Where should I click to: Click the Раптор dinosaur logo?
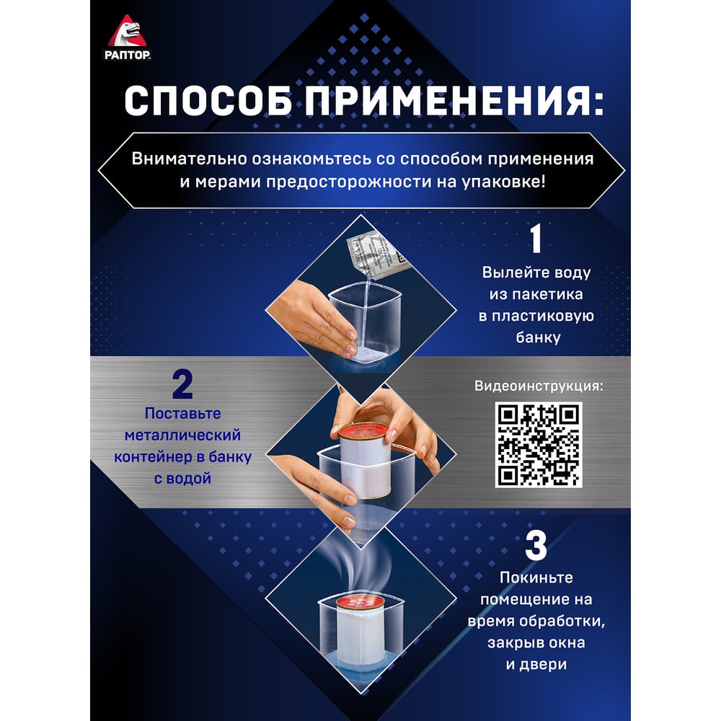127,37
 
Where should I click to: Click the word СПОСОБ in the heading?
208,101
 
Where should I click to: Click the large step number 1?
536,239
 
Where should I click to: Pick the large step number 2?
182,385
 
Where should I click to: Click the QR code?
539,445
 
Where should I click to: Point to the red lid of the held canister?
363,430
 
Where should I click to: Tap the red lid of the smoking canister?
360,601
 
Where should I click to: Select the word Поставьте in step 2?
182,413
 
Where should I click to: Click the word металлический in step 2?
182,435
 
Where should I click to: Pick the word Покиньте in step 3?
536,578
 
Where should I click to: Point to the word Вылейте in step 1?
508,273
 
